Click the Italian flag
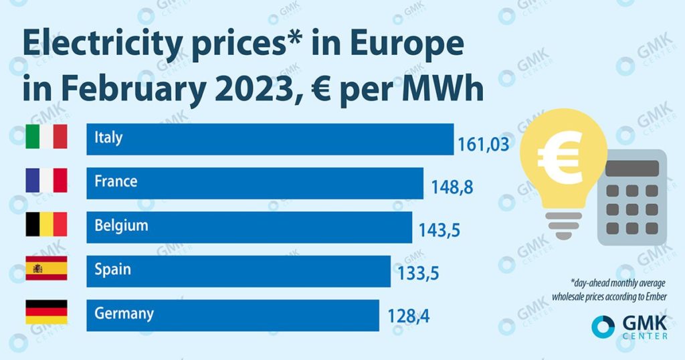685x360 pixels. point(46,137)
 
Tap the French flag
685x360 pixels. point(46,181)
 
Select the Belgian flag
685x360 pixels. point(46,225)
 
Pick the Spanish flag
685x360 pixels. point(46,268)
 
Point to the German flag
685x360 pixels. point(46,312)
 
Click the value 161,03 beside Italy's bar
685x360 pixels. point(484,144)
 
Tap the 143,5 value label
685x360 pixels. point(440,232)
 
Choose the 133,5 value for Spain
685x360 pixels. point(419,275)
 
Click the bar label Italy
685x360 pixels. point(108,138)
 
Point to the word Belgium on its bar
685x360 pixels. point(121,226)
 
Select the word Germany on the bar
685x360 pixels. point(124,313)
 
